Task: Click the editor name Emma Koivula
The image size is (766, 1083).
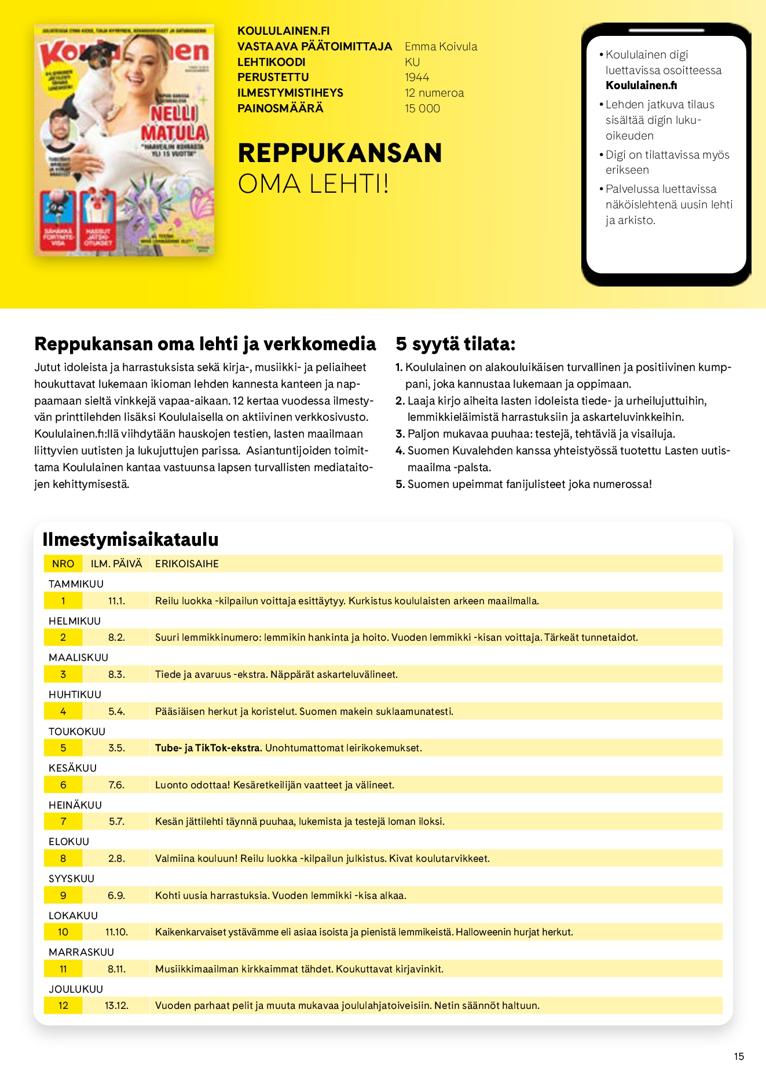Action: (441, 47)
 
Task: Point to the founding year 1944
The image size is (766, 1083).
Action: (417, 78)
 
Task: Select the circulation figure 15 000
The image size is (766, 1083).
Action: (422, 109)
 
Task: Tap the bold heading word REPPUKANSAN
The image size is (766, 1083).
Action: (340, 153)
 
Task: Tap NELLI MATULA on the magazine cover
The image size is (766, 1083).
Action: (174, 123)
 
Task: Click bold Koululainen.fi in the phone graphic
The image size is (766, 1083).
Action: (641, 86)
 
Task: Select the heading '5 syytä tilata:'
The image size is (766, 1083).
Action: (455, 344)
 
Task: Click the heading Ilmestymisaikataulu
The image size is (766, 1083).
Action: (130, 539)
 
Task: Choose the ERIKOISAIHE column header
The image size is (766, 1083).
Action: (187, 564)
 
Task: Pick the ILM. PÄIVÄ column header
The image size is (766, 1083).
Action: (116, 564)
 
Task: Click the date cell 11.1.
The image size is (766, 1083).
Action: (116, 601)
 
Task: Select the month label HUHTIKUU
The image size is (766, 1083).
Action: (75, 695)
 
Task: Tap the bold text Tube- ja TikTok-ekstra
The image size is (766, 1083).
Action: (208, 748)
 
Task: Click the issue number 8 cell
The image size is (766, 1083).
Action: (63, 858)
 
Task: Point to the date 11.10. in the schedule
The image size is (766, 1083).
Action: (116, 932)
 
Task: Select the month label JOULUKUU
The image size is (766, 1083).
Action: (76, 989)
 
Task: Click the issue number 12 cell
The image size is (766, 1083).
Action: (63, 1005)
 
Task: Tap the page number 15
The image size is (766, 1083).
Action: (739, 1056)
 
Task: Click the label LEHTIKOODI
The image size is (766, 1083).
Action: (271, 63)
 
